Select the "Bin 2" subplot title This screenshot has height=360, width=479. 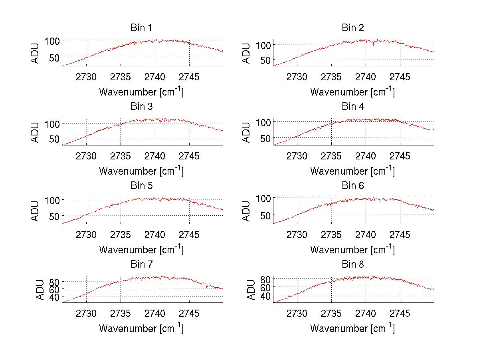coord(352,28)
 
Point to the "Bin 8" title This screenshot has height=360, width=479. coord(352,265)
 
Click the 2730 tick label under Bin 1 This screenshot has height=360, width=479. coord(86,77)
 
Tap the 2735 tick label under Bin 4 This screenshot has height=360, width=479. coord(331,156)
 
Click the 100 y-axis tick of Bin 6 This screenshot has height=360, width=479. coord(263,198)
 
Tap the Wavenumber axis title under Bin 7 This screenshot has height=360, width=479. coord(141,328)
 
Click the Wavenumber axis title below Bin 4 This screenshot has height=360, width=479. coord(352,171)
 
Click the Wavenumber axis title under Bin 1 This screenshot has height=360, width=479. coord(141,92)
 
